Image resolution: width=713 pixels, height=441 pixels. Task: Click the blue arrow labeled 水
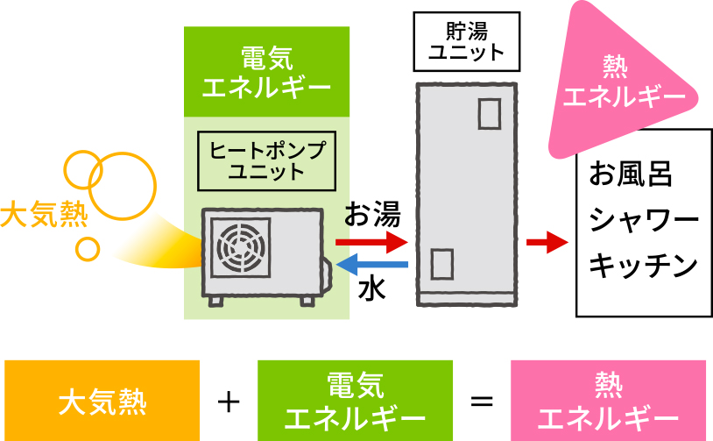pos(371,264)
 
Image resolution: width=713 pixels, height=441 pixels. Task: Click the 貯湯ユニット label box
pos(466,41)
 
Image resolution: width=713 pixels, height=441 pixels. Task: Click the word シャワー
pos(644,219)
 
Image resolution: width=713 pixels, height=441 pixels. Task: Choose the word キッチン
pos(644,264)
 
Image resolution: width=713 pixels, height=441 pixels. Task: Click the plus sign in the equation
pos(228,402)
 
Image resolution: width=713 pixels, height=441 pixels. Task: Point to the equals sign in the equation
pos(481,402)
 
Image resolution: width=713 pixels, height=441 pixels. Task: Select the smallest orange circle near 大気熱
pos(88,248)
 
